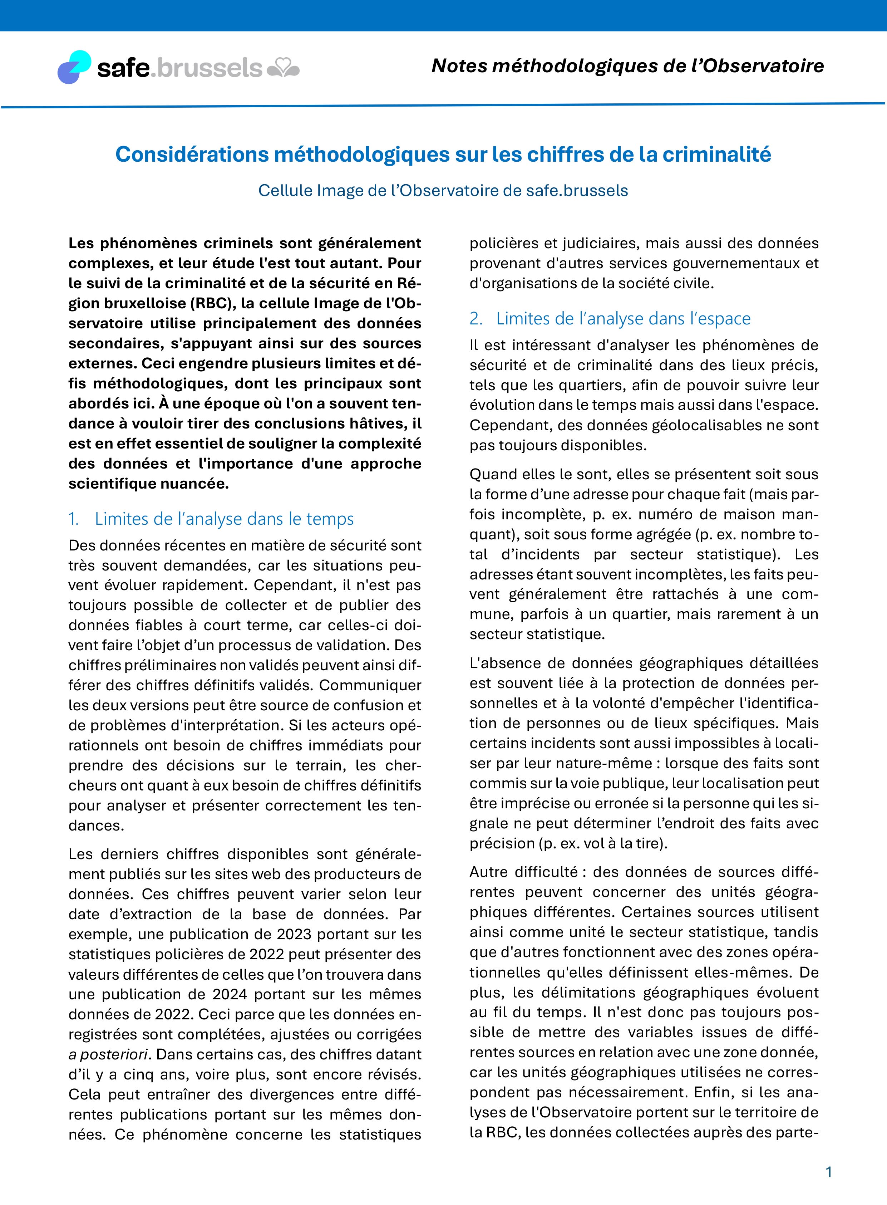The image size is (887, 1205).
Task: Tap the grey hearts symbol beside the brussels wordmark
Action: click(283, 69)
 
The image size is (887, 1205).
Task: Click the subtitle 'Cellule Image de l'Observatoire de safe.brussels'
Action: click(443, 191)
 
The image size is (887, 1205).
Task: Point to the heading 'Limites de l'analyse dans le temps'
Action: click(224, 519)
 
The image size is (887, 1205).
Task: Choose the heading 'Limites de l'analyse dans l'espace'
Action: click(623, 319)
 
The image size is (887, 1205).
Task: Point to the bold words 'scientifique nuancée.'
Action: click(149, 484)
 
